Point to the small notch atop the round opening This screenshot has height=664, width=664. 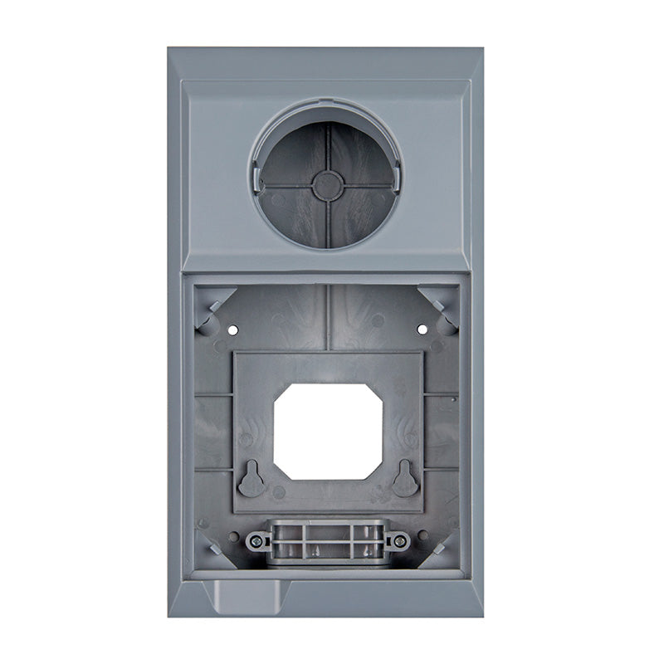pyautogui.click(x=328, y=105)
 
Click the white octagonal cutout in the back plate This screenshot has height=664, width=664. pyautogui.click(x=329, y=430)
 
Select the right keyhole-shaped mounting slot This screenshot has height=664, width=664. pyautogui.click(x=405, y=479)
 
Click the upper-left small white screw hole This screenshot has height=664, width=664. pyautogui.click(x=232, y=330)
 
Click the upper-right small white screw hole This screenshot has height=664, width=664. pyautogui.click(x=422, y=330)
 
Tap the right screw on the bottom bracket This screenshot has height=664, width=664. pyautogui.click(x=400, y=541)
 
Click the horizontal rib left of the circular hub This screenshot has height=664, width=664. pyautogui.click(x=287, y=186)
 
